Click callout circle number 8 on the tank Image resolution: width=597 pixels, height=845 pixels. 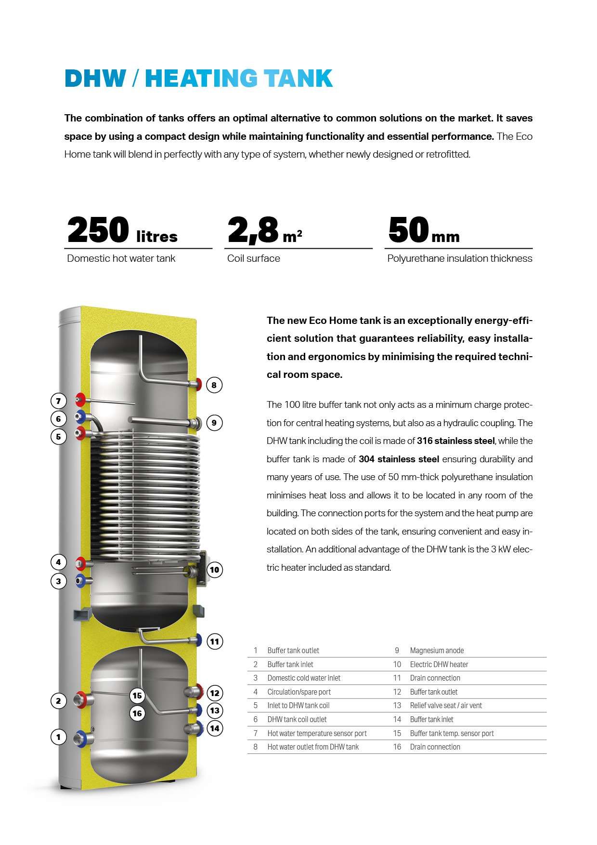(214, 385)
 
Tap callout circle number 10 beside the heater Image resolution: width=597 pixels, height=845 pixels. (214, 570)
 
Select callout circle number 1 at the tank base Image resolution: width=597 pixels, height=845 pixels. (59, 737)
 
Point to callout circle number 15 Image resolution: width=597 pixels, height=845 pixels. (137, 696)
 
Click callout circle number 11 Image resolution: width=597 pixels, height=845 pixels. (215, 642)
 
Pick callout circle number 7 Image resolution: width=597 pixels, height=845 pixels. (59, 401)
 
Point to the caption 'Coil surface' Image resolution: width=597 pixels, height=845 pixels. (254, 258)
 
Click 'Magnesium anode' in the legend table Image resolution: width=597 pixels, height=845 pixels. (437, 651)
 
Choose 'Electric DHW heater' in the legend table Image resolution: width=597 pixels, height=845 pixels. (439, 664)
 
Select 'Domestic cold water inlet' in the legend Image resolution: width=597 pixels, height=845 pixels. (304, 678)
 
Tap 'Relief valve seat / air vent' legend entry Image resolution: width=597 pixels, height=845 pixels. (446, 706)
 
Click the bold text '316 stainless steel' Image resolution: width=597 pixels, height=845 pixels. (455, 441)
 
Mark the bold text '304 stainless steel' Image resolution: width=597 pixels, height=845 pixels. (399, 459)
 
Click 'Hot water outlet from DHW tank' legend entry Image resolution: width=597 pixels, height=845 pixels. (313, 747)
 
